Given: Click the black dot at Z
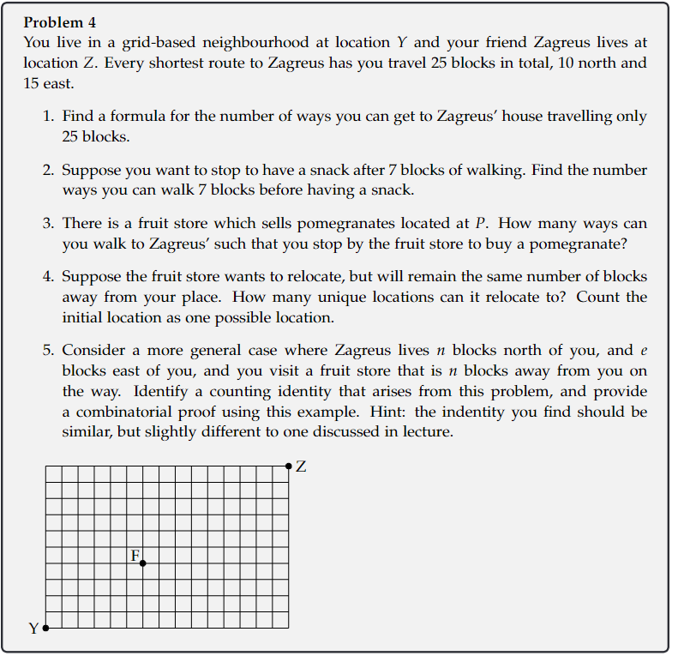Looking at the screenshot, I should coord(289,466).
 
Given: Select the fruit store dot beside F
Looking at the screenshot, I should coord(142,563).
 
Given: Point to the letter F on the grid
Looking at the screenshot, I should coord(135,555).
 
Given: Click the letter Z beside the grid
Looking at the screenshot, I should coord(300,467).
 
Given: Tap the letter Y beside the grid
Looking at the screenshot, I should coord(34,629).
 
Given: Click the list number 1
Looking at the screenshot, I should coord(48,116).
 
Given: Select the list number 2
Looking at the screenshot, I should coord(48,170).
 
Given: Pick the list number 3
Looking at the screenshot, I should coord(48,224).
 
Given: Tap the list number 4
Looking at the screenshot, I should coord(48,277).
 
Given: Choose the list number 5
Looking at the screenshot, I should coord(48,351).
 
